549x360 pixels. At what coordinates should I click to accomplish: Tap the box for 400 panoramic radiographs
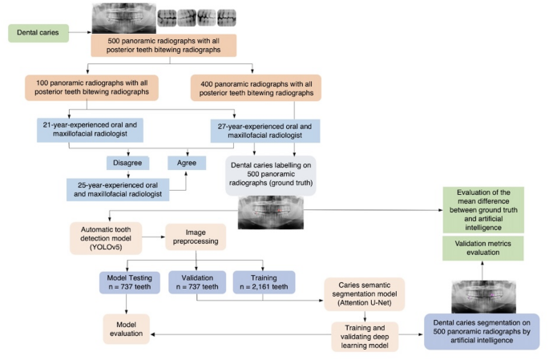[x=256, y=88]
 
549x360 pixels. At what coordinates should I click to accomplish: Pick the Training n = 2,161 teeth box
[x=264, y=281]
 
